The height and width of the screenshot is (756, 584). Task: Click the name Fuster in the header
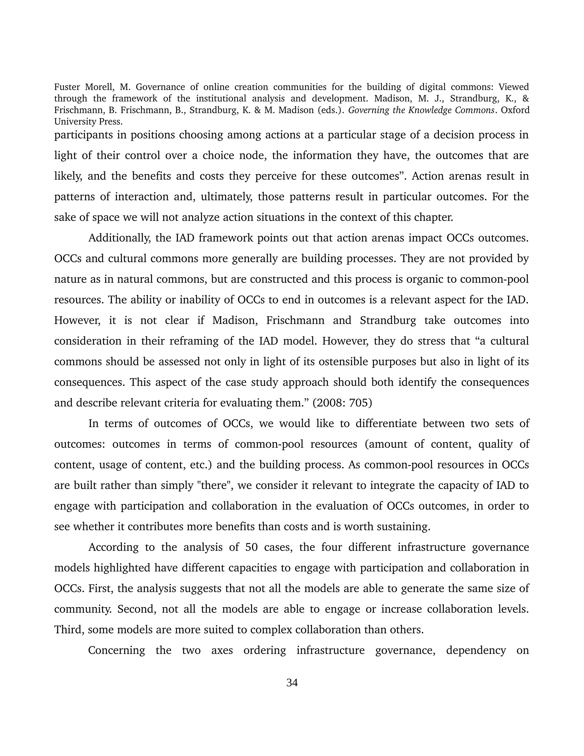point(66,87)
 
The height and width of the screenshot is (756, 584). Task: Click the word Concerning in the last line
point(117,650)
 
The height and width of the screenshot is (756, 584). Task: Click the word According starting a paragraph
point(113,547)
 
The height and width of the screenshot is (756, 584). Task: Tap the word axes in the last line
point(222,650)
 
